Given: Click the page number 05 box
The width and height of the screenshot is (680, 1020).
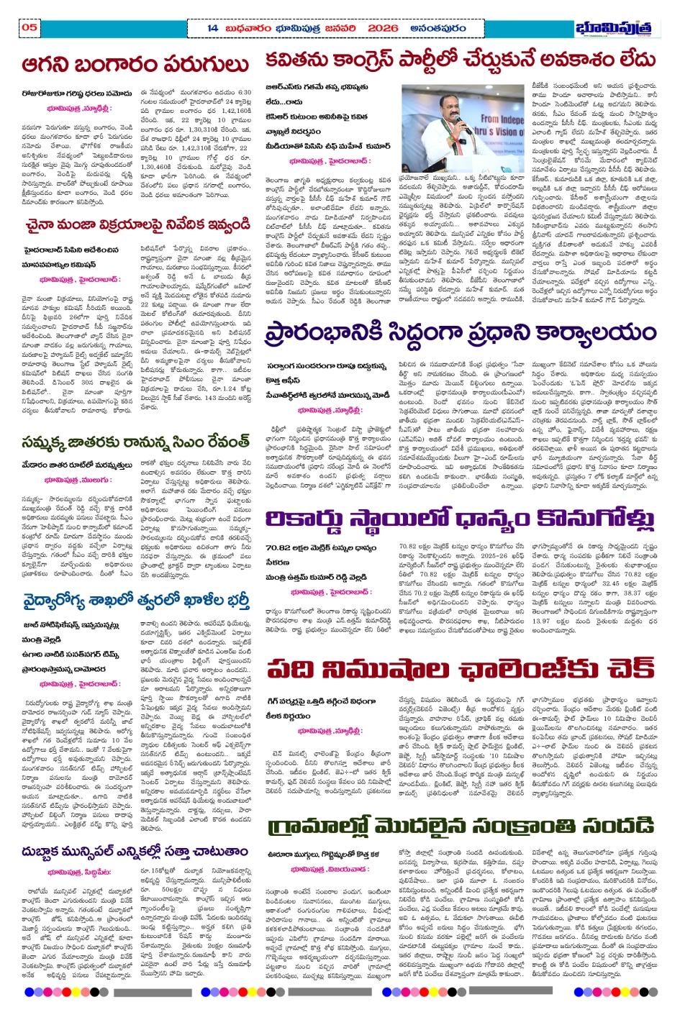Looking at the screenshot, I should click(29, 27).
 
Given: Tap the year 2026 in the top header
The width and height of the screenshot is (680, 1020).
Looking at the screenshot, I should click(381, 28).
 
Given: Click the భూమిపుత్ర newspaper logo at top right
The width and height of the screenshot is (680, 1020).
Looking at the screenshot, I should click(617, 28).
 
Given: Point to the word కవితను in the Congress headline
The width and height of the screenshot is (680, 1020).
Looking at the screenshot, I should click(297, 61).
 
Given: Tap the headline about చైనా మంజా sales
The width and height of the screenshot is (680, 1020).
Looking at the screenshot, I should click(137, 226).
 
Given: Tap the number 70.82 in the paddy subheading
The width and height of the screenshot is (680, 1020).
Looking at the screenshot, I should click(280, 547).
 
